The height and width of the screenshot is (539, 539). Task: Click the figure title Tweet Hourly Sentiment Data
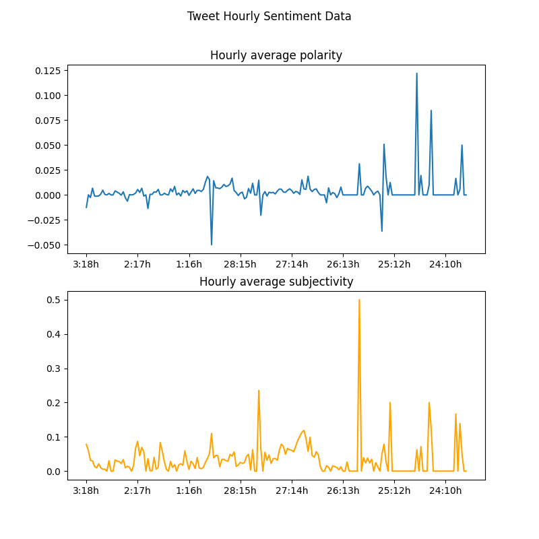tap(269, 16)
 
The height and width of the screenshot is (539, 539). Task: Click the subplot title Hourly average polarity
tap(276, 55)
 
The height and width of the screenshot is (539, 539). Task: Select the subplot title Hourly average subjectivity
tap(276, 282)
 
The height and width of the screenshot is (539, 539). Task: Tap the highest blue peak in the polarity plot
tap(416, 73)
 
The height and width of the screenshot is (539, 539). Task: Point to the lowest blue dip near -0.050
tap(212, 244)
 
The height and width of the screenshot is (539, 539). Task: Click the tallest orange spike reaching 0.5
tap(359, 300)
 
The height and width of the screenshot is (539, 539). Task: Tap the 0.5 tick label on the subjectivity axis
tap(53, 300)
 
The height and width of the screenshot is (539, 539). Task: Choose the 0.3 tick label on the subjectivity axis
tap(53, 369)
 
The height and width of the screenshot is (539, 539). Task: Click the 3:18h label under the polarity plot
tap(86, 264)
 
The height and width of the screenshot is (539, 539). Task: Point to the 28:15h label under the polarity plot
tap(240, 264)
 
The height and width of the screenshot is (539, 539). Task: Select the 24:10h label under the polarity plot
tap(445, 264)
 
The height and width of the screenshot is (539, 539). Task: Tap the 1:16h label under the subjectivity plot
tap(189, 490)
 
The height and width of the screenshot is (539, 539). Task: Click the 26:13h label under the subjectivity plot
tap(343, 490)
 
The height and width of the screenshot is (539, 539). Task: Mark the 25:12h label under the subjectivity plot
tap(394, 490)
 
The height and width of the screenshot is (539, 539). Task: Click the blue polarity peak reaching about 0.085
tap(431, 110)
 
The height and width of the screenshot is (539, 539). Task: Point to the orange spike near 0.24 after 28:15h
tap(259, 391)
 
